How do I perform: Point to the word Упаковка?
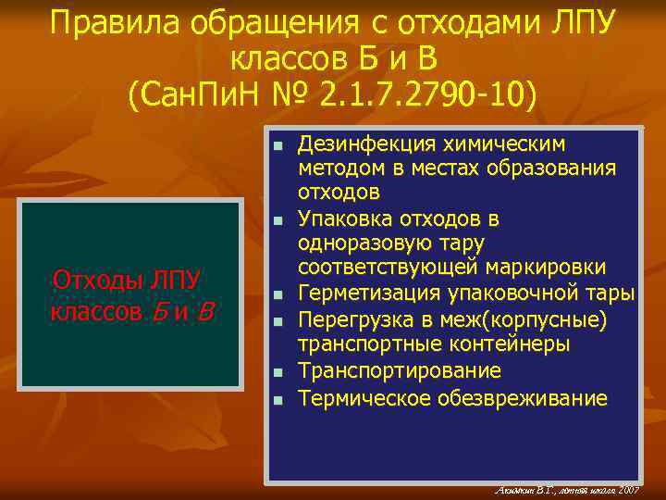point(341,219)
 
